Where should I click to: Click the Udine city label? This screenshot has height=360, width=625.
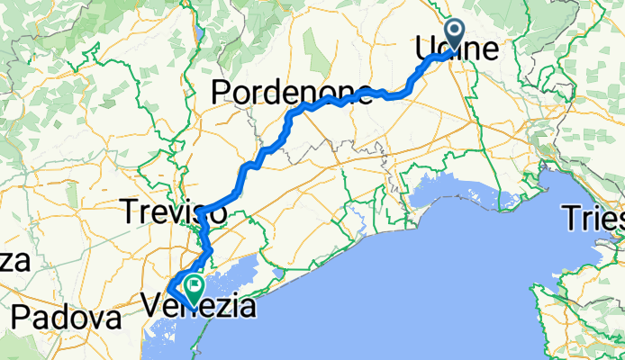(456, 51)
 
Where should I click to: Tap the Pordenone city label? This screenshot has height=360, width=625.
(292, 92)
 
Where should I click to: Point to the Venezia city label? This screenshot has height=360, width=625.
(199, 306)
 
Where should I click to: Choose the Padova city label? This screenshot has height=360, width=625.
(67, 319)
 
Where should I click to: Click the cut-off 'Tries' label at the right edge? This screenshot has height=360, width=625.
(593, 218)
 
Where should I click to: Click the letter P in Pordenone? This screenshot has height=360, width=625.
(222, 92)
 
